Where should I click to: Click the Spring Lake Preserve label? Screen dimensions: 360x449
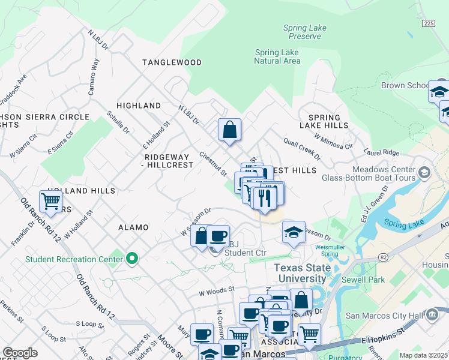(x=304, y=32)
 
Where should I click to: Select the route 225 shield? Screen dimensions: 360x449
(x=428, y=23)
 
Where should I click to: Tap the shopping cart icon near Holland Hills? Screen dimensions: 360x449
(x=52, y=201)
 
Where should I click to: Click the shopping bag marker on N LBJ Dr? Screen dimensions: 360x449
(x=229, y=130)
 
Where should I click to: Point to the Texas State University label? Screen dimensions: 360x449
(x=301, y=273)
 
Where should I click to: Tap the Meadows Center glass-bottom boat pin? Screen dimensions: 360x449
(x=425, y=173)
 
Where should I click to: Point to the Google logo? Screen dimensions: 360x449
(x=20, y=353)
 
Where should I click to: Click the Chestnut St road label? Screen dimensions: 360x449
(x=213, y=164)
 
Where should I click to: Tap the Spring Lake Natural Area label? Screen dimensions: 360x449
(x=277, y=56)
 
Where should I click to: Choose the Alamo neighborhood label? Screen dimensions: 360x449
(x=133, y=228)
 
